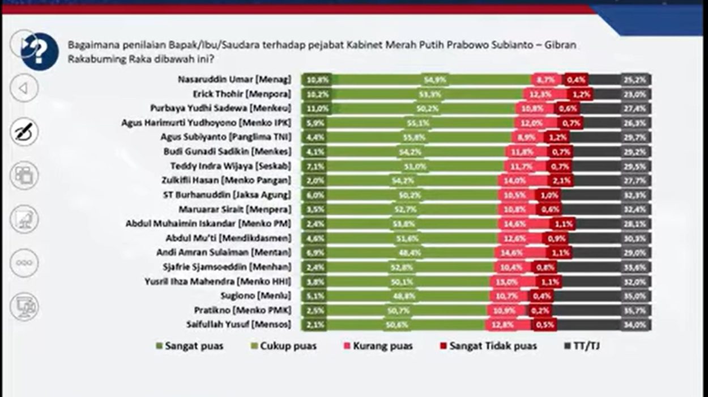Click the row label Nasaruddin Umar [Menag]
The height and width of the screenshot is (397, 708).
point(234,80)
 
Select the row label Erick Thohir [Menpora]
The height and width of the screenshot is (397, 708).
point(242,94)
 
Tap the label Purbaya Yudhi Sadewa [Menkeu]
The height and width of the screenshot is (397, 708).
point(220,108)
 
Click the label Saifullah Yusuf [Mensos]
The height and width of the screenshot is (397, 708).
point(238,324)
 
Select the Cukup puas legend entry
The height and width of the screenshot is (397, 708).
point(283,346)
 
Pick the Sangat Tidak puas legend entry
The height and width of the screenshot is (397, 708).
point(487,346)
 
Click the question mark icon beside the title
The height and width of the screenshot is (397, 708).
point(40,52)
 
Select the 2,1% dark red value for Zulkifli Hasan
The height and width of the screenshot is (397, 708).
point(560,180)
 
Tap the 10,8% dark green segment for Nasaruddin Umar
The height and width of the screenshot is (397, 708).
point(318,80)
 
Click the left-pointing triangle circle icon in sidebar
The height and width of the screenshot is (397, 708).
point(24,88)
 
